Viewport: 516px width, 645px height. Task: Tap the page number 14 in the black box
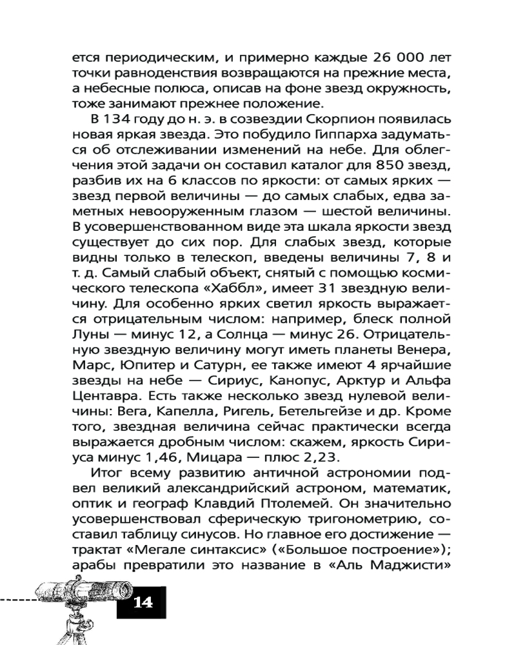point(142,604)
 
